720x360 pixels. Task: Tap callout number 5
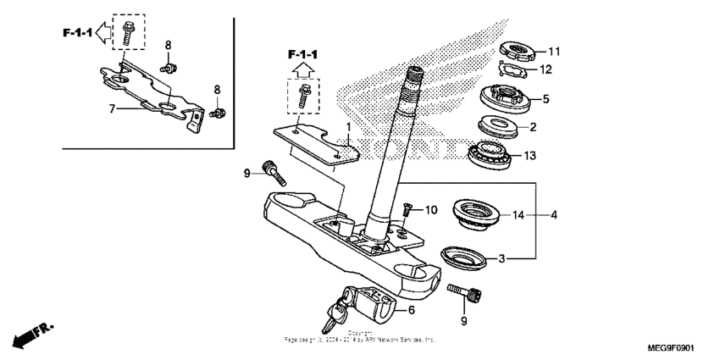pos(546,99)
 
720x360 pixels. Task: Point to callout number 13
pos(555,155)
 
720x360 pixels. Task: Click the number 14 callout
pos(518,215)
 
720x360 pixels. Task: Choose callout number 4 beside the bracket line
pos(554,215)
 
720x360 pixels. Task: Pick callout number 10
pos(431,208)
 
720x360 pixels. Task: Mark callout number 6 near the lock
pos(412,311)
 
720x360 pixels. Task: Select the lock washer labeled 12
pos(513,70)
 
